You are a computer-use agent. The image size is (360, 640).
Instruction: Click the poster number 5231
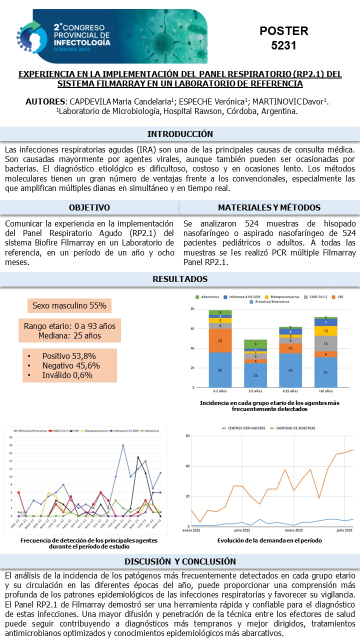283,45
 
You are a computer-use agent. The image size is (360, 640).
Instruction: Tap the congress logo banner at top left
112,36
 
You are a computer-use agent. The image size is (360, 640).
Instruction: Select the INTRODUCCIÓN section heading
180,134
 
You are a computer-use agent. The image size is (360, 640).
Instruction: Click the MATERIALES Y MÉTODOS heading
269,207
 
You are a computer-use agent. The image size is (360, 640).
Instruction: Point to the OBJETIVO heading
89,207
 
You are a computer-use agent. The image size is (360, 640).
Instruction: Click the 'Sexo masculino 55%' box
69,305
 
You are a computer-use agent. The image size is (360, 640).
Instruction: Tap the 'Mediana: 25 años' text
69,335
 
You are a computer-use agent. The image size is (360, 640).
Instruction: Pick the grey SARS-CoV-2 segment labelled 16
325,344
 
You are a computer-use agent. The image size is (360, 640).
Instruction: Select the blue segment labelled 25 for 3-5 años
255,375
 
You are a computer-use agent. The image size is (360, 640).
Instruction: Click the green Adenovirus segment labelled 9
255,344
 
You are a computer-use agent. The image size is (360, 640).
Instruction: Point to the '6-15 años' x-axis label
290,391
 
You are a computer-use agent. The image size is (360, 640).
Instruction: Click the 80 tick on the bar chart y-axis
192,309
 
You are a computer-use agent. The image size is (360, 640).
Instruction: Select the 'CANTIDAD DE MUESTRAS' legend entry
295,428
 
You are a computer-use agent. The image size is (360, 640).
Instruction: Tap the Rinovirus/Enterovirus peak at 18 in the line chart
123,445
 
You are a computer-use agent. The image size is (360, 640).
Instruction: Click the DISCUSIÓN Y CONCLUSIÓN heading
180,561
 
